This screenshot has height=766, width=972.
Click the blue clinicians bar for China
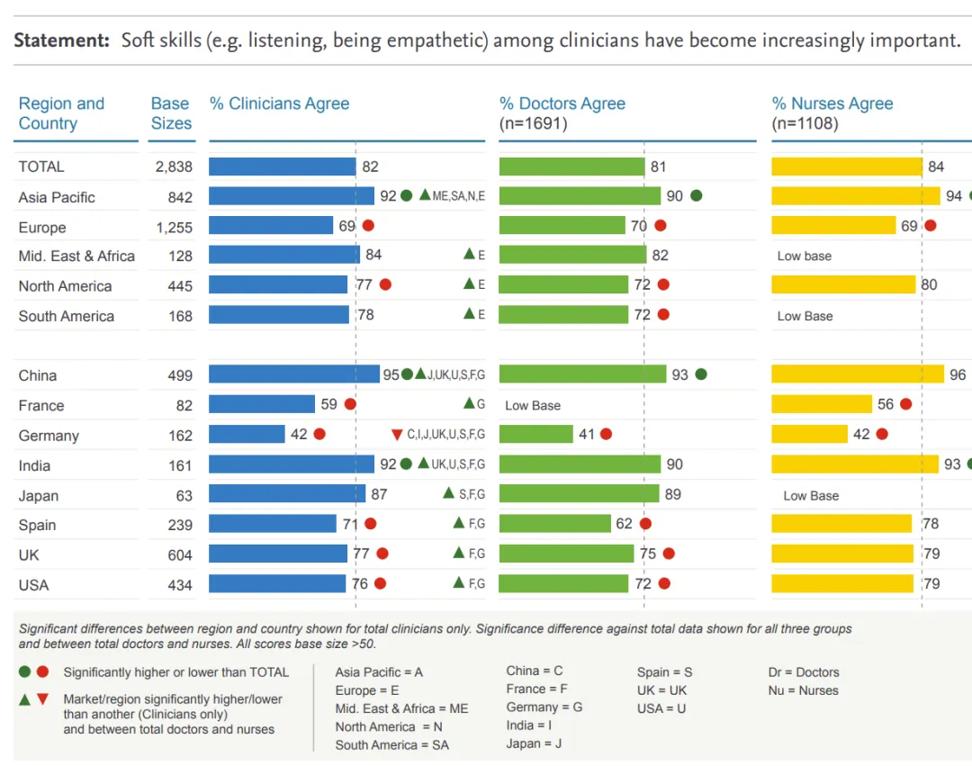click(x=294, y=374)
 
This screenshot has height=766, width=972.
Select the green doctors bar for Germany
click(x=536, y=434)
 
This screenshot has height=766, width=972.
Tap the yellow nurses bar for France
click(x=822, y=404)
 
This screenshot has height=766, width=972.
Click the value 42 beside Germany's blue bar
click(x=299, y=434)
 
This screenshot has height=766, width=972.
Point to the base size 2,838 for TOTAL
click(x=174, y=167)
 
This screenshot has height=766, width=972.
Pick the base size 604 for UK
click(x=180, y=555)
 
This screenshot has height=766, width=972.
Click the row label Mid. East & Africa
click(x=76, y=256)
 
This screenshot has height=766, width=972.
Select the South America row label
click(x=67, y=316)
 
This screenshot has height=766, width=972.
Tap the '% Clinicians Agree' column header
click(x=280, y=104)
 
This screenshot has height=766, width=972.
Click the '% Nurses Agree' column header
click(x=832, y=104)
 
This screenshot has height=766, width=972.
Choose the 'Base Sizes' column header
click(x=171, y=113)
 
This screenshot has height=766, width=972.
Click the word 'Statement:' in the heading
click(x=61, y=41)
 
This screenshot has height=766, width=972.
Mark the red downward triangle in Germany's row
click(x=397, y=435)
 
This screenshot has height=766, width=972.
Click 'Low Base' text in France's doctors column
click(x=533, y=405)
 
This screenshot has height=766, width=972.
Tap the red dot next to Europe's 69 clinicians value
click(x=368, y=226)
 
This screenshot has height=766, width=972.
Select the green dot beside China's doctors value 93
click(x=701, y=374)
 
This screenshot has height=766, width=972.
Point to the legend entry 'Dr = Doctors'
click(x=804, y=672)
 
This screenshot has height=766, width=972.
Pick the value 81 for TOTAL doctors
click(x=658, y=167)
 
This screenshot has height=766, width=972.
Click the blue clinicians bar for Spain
click(x=273, y=524)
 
